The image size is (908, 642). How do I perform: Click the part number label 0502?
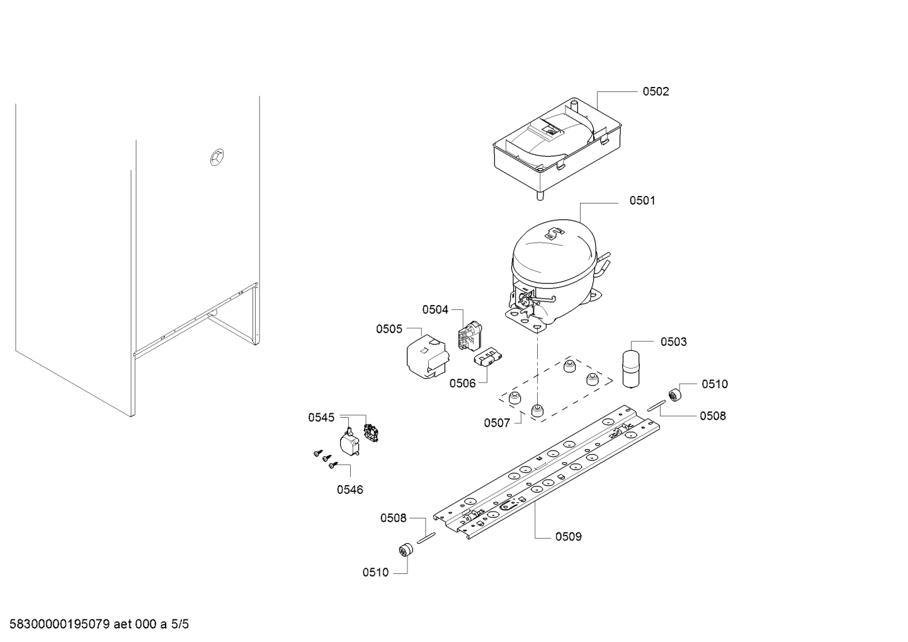coord(655,91)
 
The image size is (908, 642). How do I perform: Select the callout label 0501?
coord(642,200)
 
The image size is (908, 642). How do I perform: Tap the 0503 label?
coord(674,342)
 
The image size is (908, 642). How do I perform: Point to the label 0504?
coord(435,310)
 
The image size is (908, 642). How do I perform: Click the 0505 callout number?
coord(389,329)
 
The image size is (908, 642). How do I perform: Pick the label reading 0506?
coord(463,383)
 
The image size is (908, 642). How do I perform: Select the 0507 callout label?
coord(497,423)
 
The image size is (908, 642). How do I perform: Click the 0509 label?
coord(569,537)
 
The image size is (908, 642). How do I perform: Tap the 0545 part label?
coord(321,417)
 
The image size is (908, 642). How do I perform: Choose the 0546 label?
coord(350,490)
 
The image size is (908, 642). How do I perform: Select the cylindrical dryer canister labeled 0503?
coord(632,369)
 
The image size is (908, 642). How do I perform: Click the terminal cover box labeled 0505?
coord(428,357)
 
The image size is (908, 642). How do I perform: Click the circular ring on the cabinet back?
coord(217,157)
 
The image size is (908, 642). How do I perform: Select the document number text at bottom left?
coord(60,624)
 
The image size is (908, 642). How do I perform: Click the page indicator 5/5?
coord(179,624)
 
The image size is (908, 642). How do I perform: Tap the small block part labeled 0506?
coord(487,357)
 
